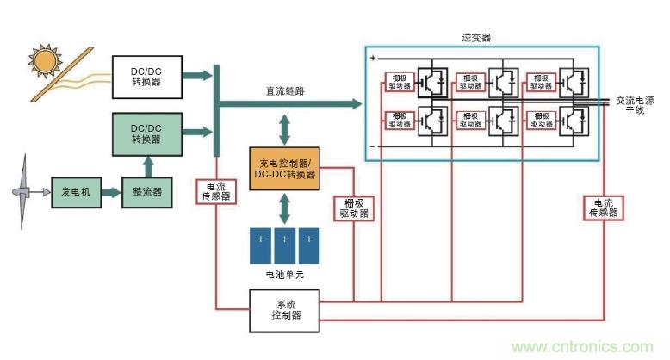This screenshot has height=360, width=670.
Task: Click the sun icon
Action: click(x=41, y=59)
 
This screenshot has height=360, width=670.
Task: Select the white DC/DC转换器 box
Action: click(x=147, y=76)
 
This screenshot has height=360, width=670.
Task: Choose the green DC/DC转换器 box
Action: click(x=147, y=133)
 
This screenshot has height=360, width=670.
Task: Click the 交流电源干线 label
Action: click(x=636, y=106)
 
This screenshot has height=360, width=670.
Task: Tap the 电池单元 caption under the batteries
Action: click(x=285, y=275)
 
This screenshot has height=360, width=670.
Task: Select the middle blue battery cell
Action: click(x=285, y=245)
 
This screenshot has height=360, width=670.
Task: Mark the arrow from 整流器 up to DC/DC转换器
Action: click(x=147, y=164)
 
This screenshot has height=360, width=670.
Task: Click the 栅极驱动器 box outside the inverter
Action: click(x=352, y=208)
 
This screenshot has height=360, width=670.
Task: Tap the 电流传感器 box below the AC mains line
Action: click(x=604, y=208)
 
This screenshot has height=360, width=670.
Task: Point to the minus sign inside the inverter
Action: click(x=373, y=147)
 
